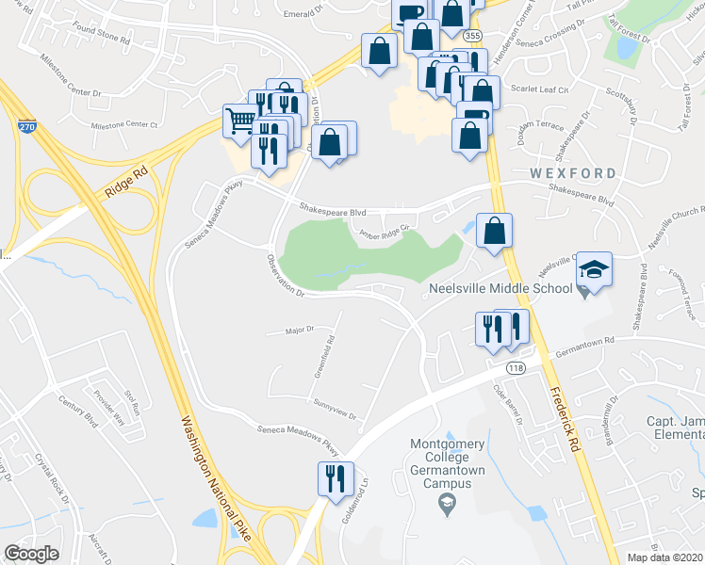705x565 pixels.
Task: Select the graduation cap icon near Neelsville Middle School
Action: [x=594, y=269]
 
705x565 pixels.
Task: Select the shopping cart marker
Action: [x=240, y=120]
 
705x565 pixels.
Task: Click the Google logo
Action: [x=31, y=553]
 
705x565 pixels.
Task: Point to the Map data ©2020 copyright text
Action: [x=665, y=557]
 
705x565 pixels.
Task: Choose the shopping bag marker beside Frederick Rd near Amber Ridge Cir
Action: [x=494, y=231]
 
